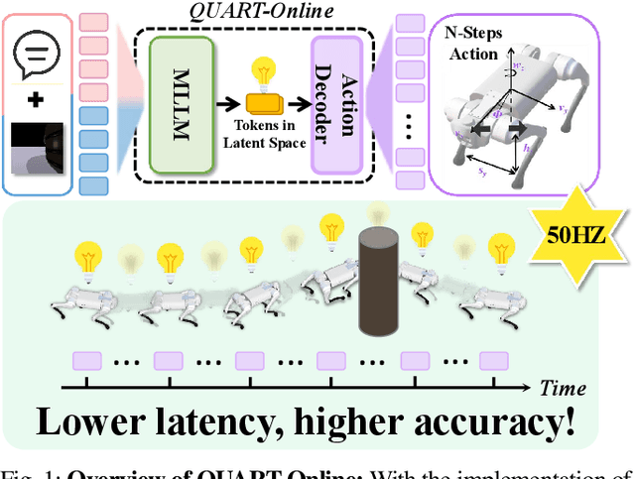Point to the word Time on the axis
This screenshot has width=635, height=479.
click(x=563, y=388)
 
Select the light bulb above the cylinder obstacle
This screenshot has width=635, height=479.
click(x=376, y=214)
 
